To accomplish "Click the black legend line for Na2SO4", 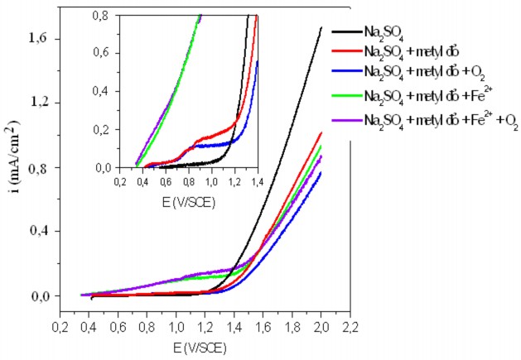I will coord(345,31).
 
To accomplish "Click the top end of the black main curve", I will coord(321,27).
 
